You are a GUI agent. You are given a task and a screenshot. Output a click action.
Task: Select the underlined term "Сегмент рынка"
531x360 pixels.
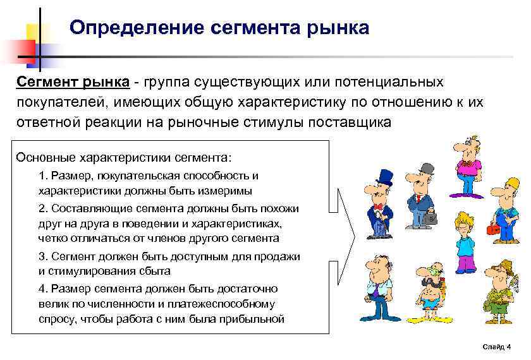[x=73, y=83]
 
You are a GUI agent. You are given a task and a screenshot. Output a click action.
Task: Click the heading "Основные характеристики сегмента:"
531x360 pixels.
[x=124, y=157]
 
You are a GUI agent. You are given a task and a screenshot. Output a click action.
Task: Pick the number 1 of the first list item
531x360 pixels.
[x=42, y=175]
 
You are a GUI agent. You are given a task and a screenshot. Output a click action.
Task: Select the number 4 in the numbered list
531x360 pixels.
[x=42, y=289]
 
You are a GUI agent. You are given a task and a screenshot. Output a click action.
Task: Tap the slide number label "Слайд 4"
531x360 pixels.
[x=496, y=347]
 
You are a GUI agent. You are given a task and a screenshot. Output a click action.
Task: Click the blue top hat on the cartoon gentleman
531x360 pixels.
[x=383, y=177]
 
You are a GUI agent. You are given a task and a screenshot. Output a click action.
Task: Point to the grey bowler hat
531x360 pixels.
[x=426, y=169]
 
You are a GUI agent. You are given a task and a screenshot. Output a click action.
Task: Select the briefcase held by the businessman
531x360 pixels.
[x=431, y=217]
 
